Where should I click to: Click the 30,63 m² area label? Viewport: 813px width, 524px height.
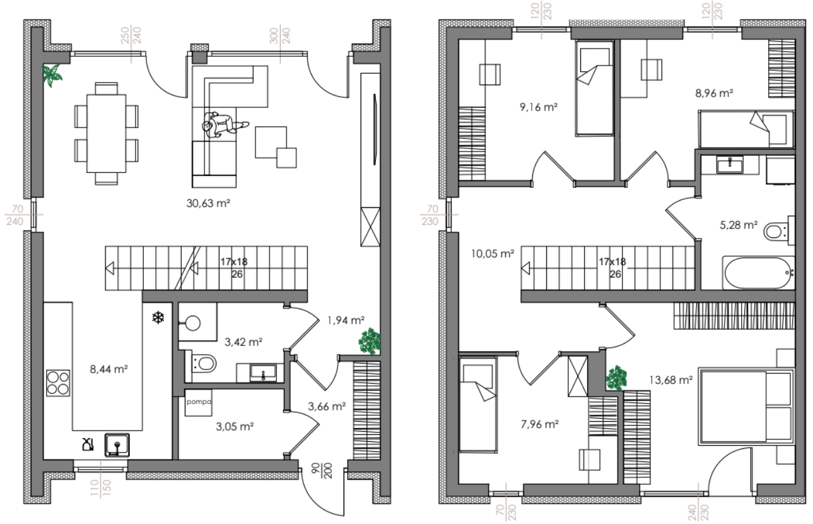coord(208,203)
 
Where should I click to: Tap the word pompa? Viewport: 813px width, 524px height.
coord(199,402)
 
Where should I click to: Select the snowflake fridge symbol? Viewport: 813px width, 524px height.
coord(158,317)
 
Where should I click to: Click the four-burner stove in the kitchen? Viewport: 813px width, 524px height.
coord(58,383)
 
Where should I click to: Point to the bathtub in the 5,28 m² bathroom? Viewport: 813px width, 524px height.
coord(759,273)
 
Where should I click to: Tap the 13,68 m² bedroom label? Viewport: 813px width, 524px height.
coord(670,380)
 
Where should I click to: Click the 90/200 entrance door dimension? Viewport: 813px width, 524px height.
coord(322,470)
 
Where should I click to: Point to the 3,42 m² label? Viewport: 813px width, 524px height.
coord(243,342)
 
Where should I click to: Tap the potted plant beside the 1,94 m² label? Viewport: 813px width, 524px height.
coord(370,341)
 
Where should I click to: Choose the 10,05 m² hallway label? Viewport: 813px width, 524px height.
coord(493,253)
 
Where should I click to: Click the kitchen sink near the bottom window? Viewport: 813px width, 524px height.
coord(117,445)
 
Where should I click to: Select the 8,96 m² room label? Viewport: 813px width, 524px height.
coord(714,93)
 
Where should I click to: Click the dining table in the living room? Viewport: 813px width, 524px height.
coord(107,133)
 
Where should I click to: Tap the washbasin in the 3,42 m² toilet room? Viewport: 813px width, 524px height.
coord(263,372)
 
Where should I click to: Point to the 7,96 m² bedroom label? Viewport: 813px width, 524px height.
coord(540,424)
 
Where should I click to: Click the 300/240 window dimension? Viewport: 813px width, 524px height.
coord(280,35)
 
